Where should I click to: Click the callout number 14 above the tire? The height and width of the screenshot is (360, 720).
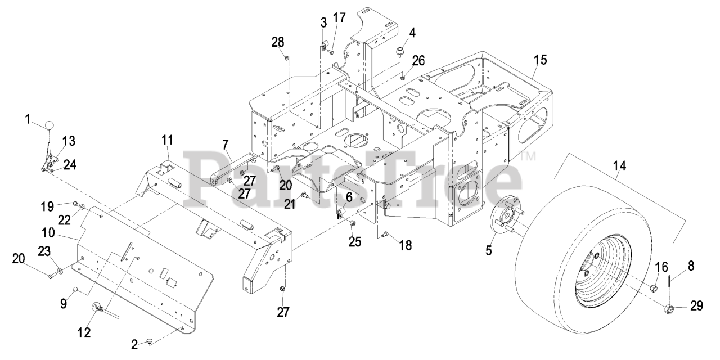point(619,166)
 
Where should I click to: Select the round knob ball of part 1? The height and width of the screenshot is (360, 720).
point(51,125)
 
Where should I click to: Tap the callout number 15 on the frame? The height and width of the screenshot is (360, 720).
point(541,60)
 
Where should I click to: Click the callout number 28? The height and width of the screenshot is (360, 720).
point(278,42)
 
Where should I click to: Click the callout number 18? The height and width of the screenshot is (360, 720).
point(405,245)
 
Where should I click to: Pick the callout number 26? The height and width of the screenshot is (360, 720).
point(418,60)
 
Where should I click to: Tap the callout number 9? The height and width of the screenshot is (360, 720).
point(64,303)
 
